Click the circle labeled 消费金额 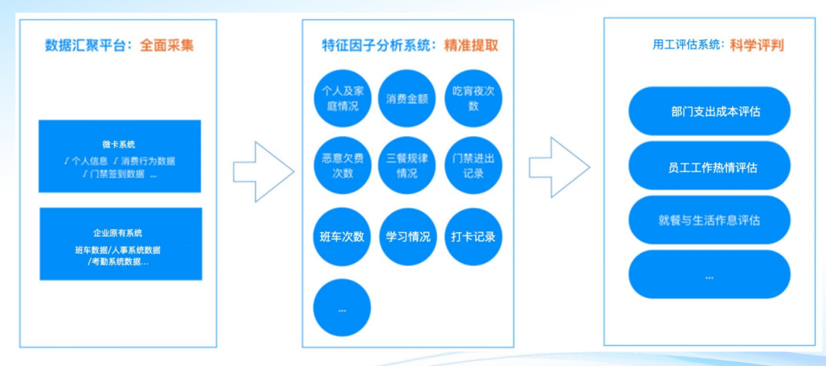408,98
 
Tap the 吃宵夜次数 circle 473,98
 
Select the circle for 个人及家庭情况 342,98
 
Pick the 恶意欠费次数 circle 342,165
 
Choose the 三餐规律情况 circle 408,165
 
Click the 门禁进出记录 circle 473,165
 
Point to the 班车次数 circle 342,236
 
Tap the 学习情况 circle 408,236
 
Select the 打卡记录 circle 473,236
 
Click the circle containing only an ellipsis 342,308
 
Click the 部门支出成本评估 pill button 709,112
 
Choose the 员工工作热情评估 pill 709,166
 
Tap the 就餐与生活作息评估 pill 709,220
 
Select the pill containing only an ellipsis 709,274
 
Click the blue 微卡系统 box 120,155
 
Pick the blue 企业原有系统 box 120,244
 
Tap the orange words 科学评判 756,45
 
